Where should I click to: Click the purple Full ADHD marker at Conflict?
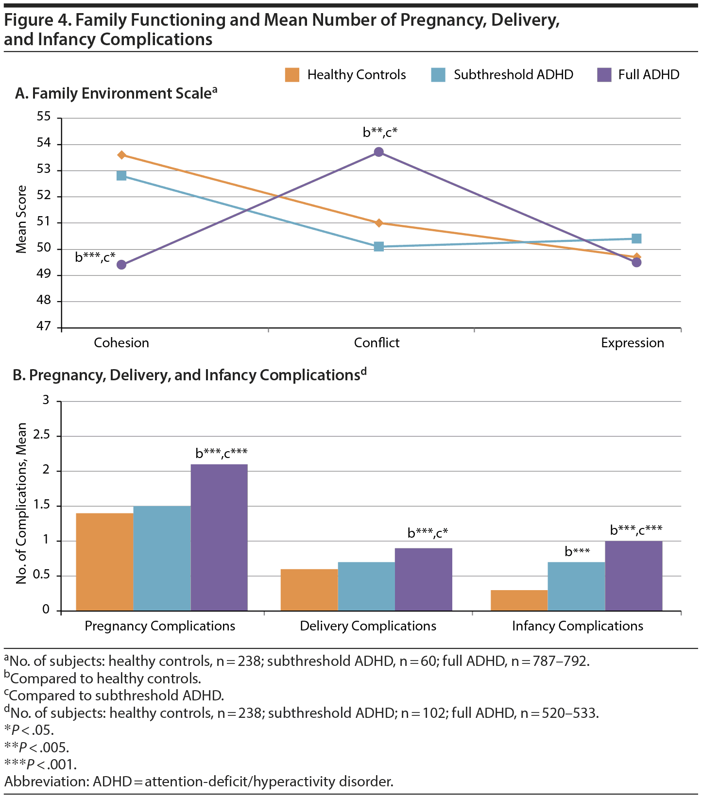pos(379,152)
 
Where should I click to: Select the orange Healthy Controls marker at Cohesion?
pos(121,155)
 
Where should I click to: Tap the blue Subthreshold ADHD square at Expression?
pos(636,238)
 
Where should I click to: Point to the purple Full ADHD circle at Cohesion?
pos(121,265)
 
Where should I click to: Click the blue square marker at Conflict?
pos(379,247)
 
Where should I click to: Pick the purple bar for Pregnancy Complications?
pos(219,537)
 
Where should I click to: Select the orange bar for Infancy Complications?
pos(519,600)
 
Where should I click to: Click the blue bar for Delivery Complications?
pos(366,586)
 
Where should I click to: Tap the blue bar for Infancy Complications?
pos(577,586)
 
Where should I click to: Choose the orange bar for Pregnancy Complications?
pos(104,562)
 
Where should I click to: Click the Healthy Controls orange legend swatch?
pos(292,75)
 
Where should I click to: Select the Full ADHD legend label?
pos(649,75)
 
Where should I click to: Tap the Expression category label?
pos(632,343)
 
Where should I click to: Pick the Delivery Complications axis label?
pos(368,626)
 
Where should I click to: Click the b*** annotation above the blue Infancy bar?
pos(577,552)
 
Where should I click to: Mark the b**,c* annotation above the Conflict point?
pos(380,132)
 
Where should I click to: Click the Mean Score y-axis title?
pos(21,219)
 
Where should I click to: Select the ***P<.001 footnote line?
pos(41,764)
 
